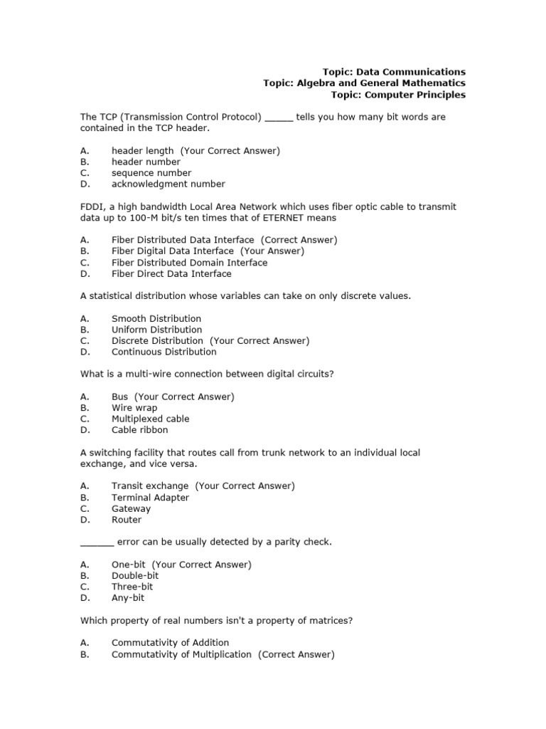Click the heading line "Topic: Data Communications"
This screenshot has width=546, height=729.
click(x=394, y=72)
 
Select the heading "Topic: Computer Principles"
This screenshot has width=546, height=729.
click(x=399, y=95)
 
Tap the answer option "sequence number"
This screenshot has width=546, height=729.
click(x=151, y=173)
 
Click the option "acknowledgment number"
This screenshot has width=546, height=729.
click(x=168, y=184)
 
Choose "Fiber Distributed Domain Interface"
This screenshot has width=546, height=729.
click(x=189, y=263)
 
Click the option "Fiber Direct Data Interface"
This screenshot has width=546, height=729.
click(x=171, y=274)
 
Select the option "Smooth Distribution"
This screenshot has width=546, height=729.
click(x=156, y=319)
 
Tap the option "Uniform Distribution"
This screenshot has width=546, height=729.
click(x=156, y=330)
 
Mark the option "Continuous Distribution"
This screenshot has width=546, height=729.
click(x=164, y=352)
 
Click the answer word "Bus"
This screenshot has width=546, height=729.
click(x=119, y=397)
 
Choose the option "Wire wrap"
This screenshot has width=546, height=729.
click(x=134, y=408)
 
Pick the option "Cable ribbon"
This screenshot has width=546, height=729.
click(x=140, y=430)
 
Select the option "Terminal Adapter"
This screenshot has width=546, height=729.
click(x=150, y=498)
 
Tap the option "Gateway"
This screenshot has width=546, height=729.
click(x=131, y=509)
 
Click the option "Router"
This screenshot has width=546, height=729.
click(x=126, y=520)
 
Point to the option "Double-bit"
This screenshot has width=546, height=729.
click(x=135, y=576)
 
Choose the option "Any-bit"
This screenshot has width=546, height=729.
click(x=127, y=598)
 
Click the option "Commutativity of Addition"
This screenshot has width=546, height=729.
click(x=170, y=643)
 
